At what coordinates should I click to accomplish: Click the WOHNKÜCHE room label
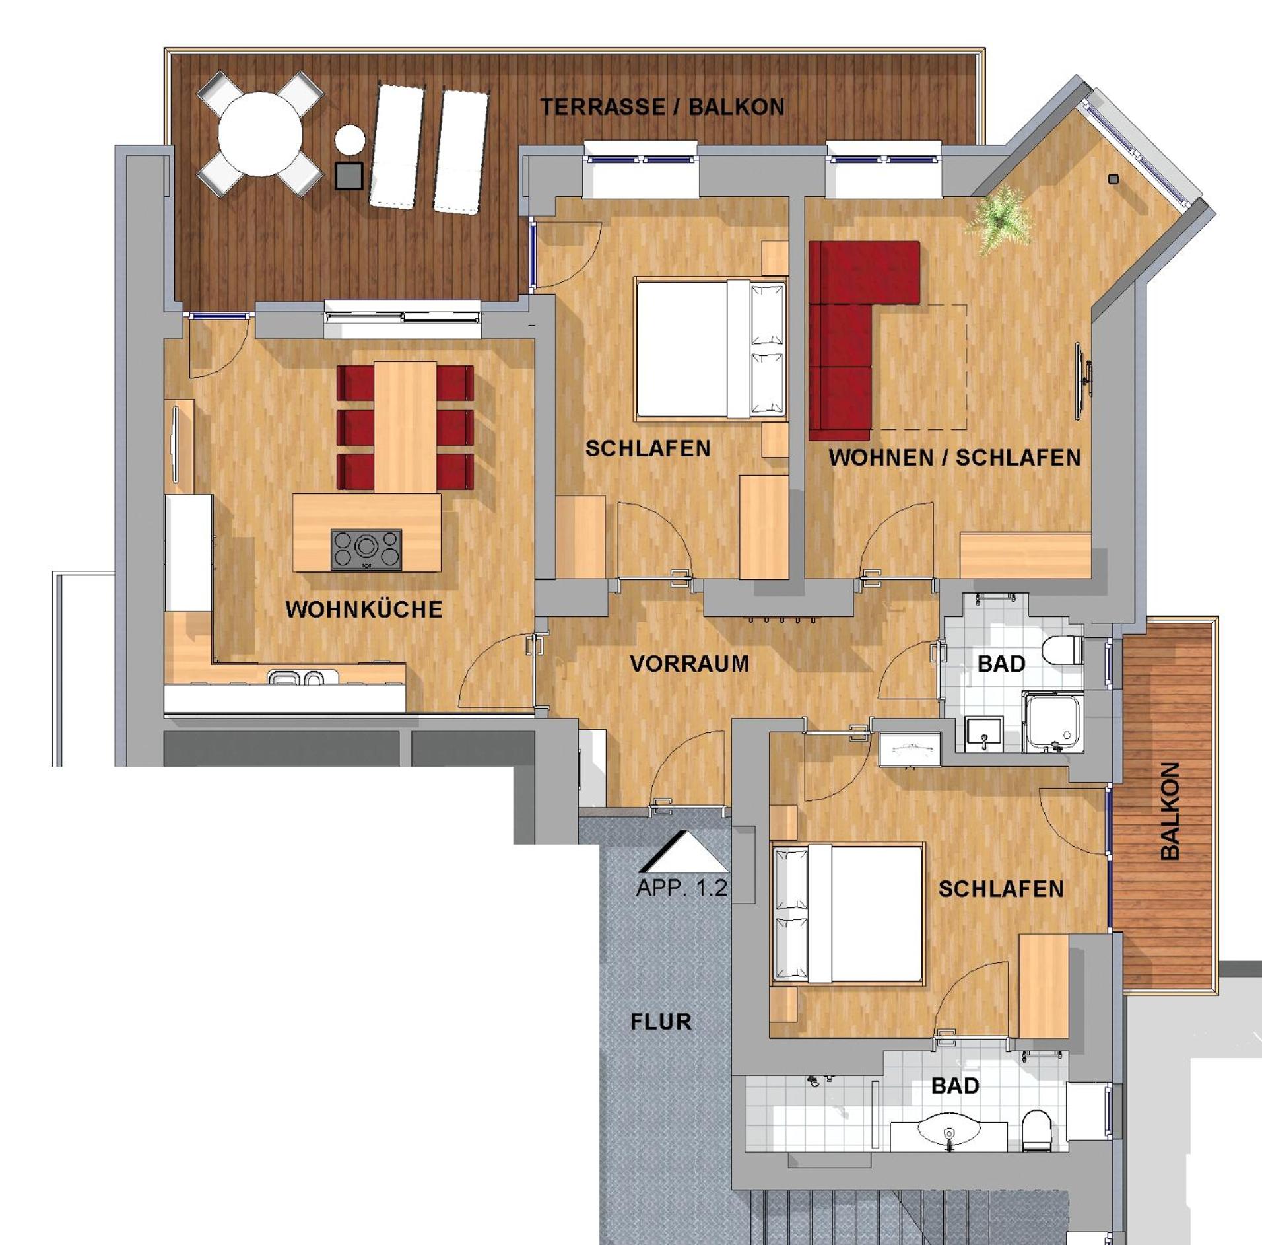click(x=364, y=609)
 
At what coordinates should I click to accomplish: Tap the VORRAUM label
click(x=690, y=663)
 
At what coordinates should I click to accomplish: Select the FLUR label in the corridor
click(x=661, y=1022)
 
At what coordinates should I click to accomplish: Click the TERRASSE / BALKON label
click(x=663, y=107)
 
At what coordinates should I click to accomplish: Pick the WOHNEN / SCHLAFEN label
click(x=954, y=458)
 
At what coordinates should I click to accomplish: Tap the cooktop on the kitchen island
click(x=366, y=549)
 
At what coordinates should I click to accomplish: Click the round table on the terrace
click(x=260, y=134)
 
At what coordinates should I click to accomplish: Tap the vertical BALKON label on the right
click(x=1170, y=810)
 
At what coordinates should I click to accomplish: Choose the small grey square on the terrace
click(x=349, y=176)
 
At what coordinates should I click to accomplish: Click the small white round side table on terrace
click(x=350, y=140)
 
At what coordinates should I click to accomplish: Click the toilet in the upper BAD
click(x=1062, y=650)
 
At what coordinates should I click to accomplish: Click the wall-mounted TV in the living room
click(x=1082, y=381)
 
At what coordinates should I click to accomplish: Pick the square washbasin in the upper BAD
click(x=983, y=734)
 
